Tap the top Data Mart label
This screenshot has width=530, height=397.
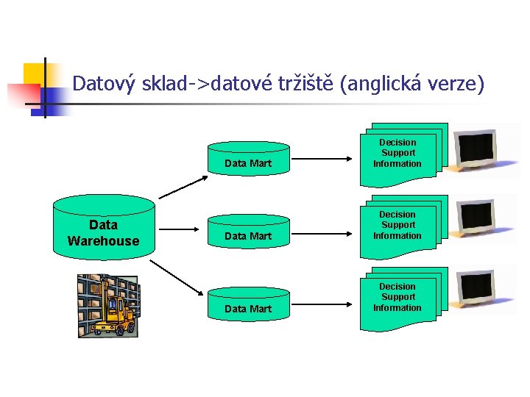pyautogui.click(x=248, y=163)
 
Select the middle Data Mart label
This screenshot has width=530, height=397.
pyautogui.click(x=248, y=236)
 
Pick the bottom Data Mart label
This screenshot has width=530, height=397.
pyautogui.click(x=248, y=309)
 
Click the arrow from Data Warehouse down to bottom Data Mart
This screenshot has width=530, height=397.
pyautogui.click(x=180, y=276)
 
